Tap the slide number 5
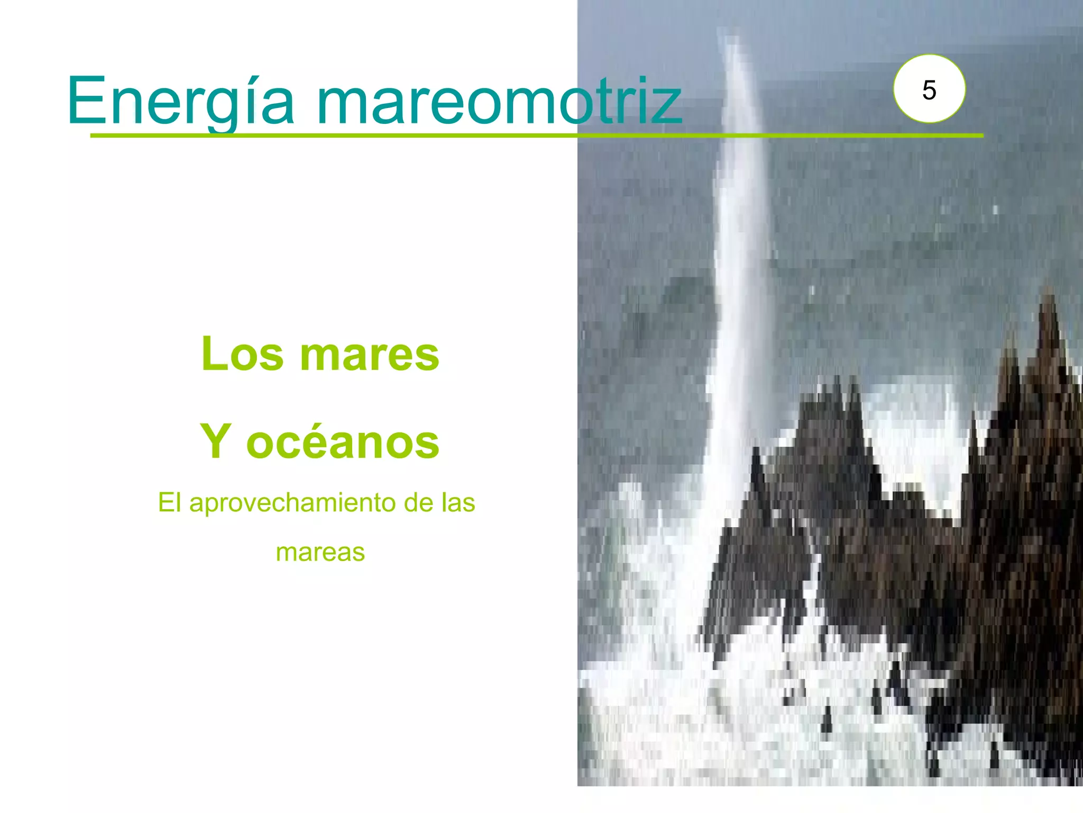(929, 90)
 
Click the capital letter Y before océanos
(216, 442)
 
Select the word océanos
(343, 442)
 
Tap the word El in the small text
(169, 502)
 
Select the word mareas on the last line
(320, 553)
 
